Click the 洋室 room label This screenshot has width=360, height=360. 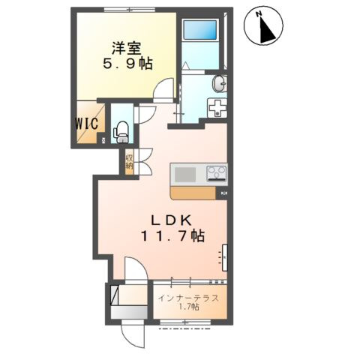(126, 49)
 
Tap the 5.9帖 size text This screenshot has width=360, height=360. (127, 64)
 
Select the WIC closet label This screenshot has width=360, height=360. (86, 124)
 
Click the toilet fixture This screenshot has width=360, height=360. (121, 132)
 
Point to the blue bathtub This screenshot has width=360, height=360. (199, 29)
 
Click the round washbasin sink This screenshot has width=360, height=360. (220, 83)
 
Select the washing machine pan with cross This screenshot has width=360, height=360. (217, 107)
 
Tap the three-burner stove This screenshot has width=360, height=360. (217, 173)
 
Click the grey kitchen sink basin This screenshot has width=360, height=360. (185, 175)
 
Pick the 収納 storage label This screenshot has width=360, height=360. (129, 161)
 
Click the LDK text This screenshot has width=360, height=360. (172, 220)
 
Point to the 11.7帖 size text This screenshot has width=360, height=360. (173, 236)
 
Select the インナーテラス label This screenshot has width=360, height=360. (188, 298)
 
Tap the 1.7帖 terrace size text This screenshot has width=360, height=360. (189, 307)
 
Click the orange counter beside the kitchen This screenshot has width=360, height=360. (193, 193)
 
